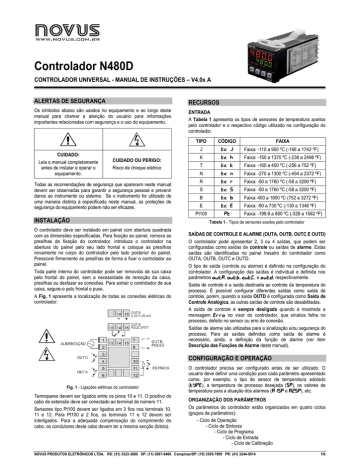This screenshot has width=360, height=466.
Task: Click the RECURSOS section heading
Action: point(205,102)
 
